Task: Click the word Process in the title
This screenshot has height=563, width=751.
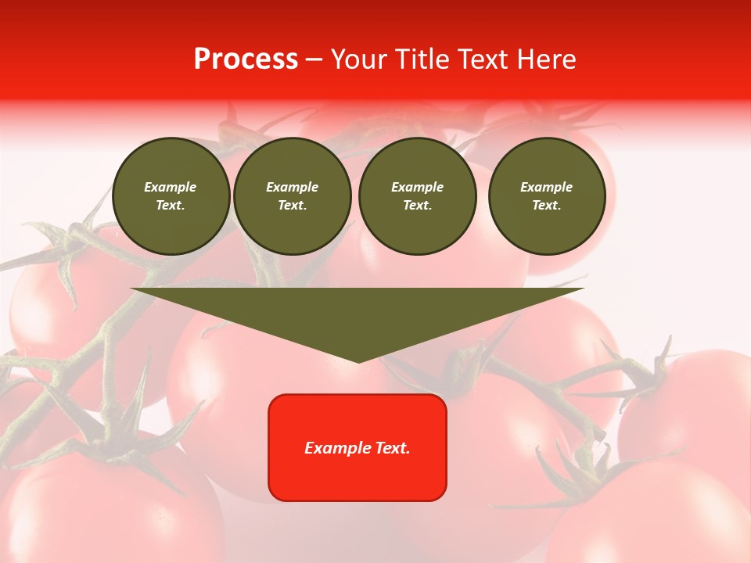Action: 246,59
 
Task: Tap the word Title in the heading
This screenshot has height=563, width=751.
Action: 422,59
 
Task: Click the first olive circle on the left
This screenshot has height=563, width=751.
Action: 171,195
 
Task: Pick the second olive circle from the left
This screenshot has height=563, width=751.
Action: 292,195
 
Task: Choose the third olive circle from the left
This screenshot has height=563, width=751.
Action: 417,195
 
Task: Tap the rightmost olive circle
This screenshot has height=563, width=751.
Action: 546,195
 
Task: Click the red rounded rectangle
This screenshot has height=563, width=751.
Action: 358,447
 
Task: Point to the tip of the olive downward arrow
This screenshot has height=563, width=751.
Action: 358,360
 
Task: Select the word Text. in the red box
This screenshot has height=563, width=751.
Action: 393,448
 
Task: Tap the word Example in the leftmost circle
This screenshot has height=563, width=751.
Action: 171,187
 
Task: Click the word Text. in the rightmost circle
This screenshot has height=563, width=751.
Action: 546,205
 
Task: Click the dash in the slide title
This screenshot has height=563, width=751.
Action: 314,59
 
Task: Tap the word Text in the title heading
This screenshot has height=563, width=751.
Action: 482,59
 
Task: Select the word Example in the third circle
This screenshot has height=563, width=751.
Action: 417,187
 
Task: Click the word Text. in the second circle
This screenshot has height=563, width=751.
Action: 292,205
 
